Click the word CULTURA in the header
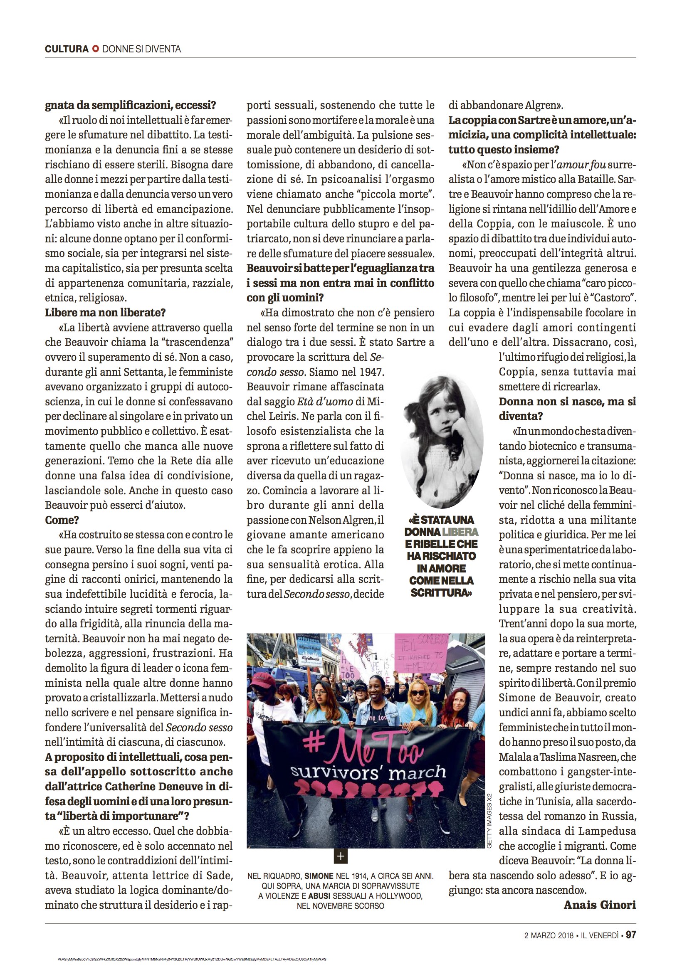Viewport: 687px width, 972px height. pyautogui.click(x=67, y=49)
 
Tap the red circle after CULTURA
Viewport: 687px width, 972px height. pyautogui.click(x=96, y=49)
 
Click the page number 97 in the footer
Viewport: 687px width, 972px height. pyautogui.click(x=631, y=935)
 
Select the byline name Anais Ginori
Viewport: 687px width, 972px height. pyautogui.click(x=600, y=905)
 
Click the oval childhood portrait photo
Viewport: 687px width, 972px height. pyautogui.click(x=442, y=442)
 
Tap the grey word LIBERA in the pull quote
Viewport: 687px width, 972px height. pyautogui.click(x=460, y=532)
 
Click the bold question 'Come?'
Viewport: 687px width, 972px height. pyautogui.click(x=62, y=520)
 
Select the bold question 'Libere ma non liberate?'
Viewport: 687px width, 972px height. pyautogui.click(x=106, y=313)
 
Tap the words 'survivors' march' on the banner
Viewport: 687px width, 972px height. pyautogui.click(x=368, y=773)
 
